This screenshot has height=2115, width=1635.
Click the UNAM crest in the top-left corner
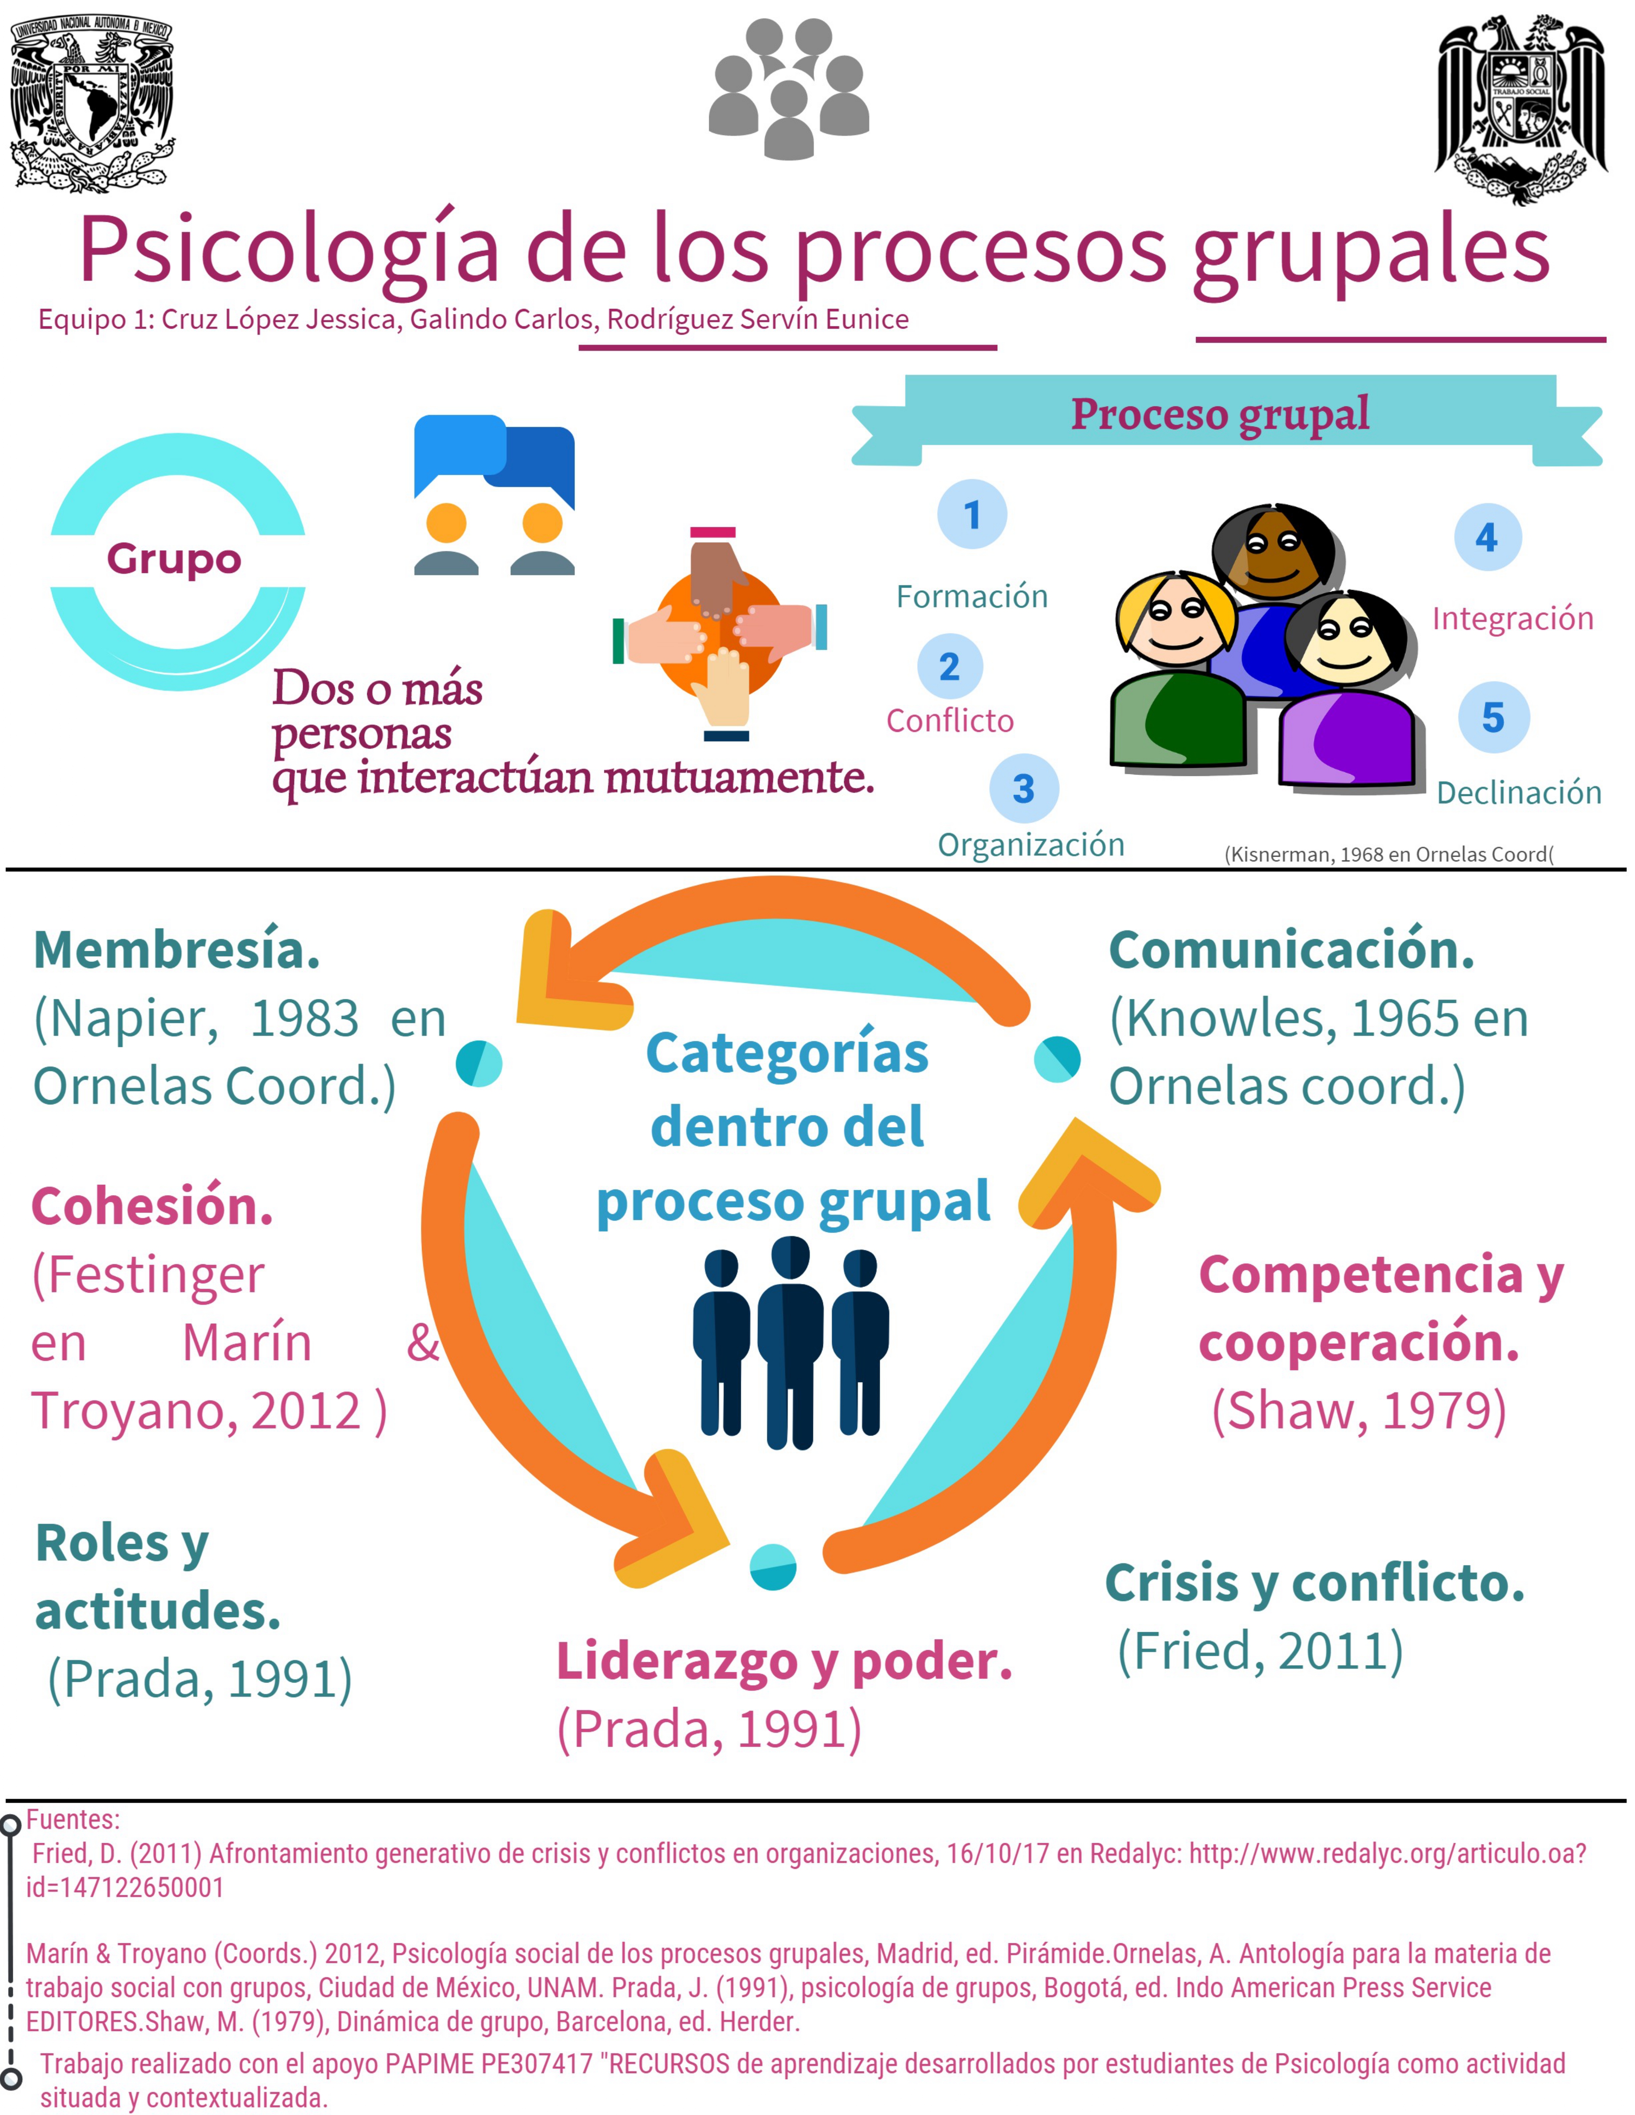[x=92, y=102]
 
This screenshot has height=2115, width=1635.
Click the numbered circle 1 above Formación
[x=972, y=514]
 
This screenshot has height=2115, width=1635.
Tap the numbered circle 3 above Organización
[x=1024, y=788]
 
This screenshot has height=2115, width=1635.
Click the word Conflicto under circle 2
[x=949, y=720]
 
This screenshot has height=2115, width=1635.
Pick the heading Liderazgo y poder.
[x=784, y=1662]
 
